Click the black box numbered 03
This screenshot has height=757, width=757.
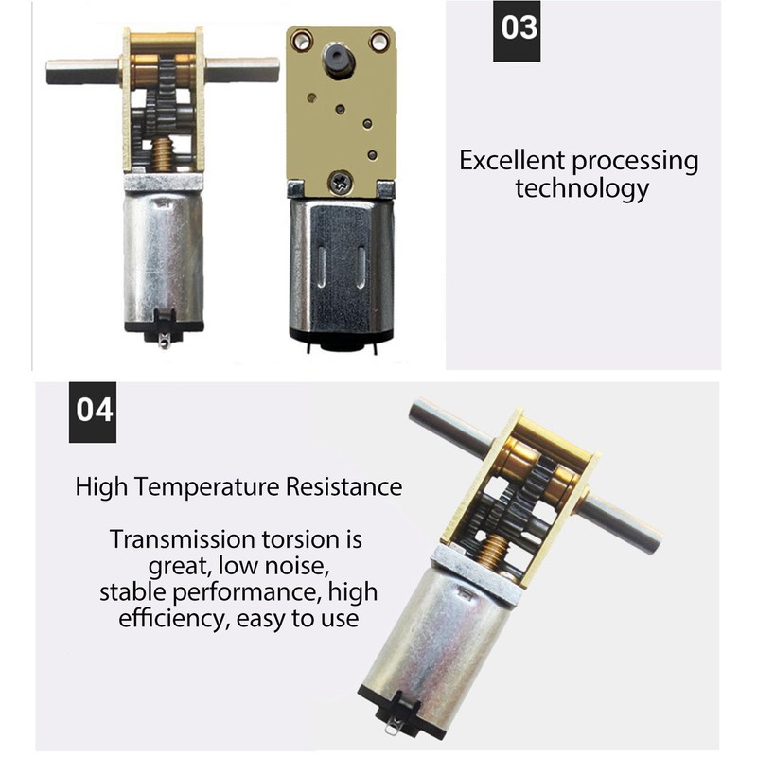click(x=517, y=31)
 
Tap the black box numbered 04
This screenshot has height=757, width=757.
click(x=93, y=413)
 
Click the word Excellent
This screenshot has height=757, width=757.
click(x=512, y=160)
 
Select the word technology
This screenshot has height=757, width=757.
click(x=582, y=188)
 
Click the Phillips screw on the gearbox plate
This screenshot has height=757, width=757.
click(x=341, y=183)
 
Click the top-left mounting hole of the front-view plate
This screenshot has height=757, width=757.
click(x=300, y=39)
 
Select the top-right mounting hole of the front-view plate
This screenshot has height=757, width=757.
click(x=379, y=40)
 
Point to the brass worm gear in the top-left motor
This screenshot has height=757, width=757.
click(x=162, y=153)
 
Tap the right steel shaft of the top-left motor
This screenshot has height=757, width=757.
click(x=242, y=70)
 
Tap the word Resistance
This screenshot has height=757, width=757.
click(x=343, y=486)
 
